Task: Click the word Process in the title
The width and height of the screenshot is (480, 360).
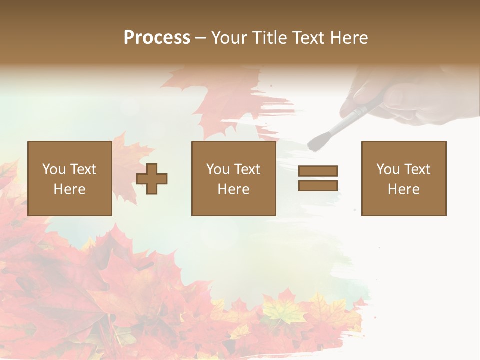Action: point(157,38)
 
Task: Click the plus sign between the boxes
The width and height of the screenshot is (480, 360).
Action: point(152,178)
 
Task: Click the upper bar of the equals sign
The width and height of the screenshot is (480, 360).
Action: point(318,171)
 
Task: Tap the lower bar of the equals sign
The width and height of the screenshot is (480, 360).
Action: point(318,185)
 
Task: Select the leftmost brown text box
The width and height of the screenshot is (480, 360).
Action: point(69,178)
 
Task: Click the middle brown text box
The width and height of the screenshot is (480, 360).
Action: point(233,178)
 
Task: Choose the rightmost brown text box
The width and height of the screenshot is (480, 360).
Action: point(403,178)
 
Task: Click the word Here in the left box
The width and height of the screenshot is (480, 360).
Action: point(69,189)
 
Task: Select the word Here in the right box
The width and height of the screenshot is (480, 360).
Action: point(403,189)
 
